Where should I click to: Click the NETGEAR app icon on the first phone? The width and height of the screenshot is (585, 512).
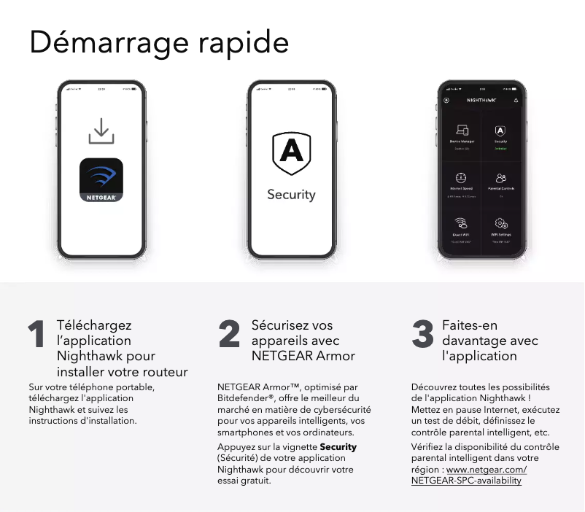[x=101, y=180]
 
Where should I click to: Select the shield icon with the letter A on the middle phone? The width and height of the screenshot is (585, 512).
[x=291, y=153]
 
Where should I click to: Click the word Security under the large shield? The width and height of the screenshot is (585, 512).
[x=291, y=195]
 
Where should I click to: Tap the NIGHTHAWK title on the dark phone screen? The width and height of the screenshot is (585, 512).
[x=481, y=100]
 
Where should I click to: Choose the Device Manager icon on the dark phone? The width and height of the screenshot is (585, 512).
[x=461, y=131]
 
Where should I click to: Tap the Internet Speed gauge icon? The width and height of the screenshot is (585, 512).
[x=461, y=178]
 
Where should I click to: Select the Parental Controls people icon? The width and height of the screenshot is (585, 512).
[x=501, y=178]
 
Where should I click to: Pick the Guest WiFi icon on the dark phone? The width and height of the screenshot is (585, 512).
[x=461, y=223]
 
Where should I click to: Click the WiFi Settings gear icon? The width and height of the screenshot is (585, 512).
[x=501, y=223]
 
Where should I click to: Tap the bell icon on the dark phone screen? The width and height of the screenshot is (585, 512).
[x=516, y=100]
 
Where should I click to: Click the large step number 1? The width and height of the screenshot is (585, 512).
[x=36, y=335]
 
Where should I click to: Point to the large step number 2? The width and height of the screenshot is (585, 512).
[x=229, y=335]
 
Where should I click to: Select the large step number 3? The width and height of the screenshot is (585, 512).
[x=423, y=335]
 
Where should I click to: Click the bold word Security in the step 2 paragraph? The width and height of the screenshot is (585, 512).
[x=338, y=446]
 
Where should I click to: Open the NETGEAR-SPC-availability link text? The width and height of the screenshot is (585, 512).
[x=466, y=481]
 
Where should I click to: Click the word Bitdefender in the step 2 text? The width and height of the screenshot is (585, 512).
[x=243, y=398]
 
